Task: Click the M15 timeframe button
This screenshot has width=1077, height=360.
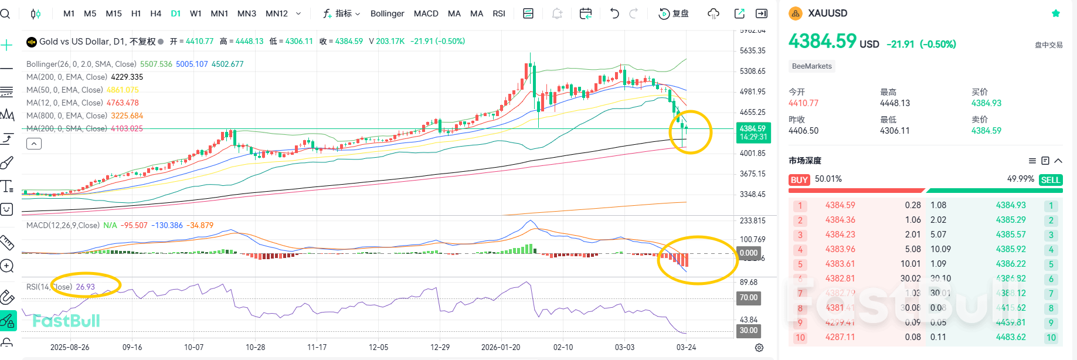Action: click(114, 13)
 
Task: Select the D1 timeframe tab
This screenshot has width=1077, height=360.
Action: click(176, 13)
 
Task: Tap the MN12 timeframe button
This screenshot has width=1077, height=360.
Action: click(277, 13)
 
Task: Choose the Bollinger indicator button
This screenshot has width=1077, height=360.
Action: click(387, 13)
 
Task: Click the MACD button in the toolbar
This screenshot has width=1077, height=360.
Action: click(426, 13)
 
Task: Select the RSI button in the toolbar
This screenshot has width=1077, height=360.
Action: click(499, 13)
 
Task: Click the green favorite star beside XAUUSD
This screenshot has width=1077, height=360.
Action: click(1056, 13)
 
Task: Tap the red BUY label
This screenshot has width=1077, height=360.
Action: click(799, 180)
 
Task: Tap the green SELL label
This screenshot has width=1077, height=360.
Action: click(1050, 180)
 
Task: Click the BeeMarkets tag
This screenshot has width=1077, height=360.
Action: click(811, 66)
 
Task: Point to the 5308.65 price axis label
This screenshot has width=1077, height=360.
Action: click(752, 71)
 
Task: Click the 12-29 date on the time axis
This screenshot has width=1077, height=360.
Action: click(440, 347)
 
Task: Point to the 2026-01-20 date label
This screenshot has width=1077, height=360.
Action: click(501, 347)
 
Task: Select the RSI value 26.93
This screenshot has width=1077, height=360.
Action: click(85, 287)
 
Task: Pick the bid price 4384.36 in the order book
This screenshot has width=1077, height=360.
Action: click(840, 220)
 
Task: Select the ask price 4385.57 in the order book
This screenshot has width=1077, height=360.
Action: click(1011, 235)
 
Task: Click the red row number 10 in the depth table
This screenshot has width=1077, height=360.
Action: click(800, 338)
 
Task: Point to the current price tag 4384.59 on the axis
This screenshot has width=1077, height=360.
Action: click(753, 128)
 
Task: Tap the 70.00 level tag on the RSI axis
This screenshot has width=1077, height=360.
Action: click(749, 298)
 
